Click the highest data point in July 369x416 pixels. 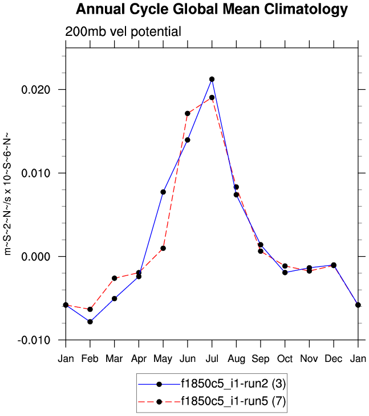click(x=212, y=79)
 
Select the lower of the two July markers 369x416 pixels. click(x=212, y=97)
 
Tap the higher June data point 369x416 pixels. click(x=187, y=113)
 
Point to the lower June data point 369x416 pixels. click(x=187, y=139)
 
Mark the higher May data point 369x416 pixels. click(x=163, y=192)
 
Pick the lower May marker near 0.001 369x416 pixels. click(x=163, y=248)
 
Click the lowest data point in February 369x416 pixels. click(x=90, y=322)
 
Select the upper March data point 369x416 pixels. click(x=115, y=278)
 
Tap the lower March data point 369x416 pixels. click(x=115, y=298)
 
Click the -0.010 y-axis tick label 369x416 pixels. click(x=35, y=340)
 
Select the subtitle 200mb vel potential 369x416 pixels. click(x=123, y=32)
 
